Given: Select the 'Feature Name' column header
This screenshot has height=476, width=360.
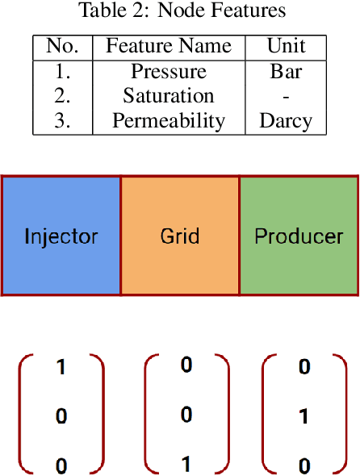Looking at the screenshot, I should pyautogui.click(x=169, y=46).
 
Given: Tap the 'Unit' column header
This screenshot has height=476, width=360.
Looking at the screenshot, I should pyautogui.click(x=286, y=46).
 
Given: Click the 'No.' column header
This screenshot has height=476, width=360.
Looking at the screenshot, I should pyautogui.click(x=62, y=46).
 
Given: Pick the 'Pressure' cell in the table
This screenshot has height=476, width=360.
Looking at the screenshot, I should pyautogui.click(x=169, y=71).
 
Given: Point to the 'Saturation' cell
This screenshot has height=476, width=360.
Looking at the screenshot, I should pyautogui.click(x=169, y=96).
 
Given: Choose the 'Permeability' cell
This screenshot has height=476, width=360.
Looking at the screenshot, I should pyautogui.click(x=169, y=121).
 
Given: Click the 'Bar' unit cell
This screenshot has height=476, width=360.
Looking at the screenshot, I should pyautogui.click(x=286, y=71).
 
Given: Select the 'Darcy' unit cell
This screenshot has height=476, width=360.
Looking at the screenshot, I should pyautogui.click(x=286, y=121).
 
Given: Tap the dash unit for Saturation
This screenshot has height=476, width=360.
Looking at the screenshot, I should pyautogui.click(x=286, y=97).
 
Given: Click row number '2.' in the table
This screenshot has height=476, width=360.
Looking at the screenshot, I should pyautogui.click(x=62, y=96).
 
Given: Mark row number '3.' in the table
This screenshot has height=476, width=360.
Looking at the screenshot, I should pyautogui.click(x=62, y=121).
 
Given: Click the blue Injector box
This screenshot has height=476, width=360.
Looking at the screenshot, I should pyautogui.click(x=61, y=236).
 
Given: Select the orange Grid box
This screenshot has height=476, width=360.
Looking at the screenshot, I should pyautogui.click(x=179, y=236).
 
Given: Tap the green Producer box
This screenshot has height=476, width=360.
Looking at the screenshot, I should pyautogui.click(x=299, y=236).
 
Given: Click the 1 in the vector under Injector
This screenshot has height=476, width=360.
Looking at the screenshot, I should pyautogui.click(x=61, y=368).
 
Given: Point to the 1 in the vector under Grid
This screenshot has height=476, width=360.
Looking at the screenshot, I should pyautogui.click(x=186, y=465).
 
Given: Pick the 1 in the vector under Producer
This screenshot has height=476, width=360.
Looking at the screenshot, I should pyautogui.click(x=304, y=417).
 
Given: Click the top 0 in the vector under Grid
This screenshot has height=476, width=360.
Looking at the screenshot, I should pyautogui.click(x=186, y=365).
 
